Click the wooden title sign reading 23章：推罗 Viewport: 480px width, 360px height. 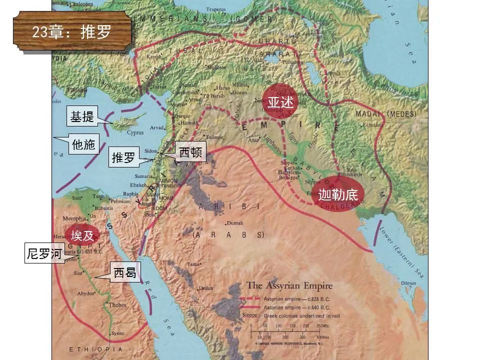click(72, 32)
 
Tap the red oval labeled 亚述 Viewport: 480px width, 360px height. click(280, 101)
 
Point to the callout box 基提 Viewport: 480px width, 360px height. click(82, 117)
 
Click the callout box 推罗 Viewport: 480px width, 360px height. click(123, 157)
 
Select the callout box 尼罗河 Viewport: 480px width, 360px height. click(45, 254)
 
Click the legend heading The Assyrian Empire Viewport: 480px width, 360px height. click(289, 286)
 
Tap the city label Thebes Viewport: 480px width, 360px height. click(117, 305)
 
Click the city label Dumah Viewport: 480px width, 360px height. click(234, 223)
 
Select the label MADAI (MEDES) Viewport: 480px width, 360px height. click(393, 114)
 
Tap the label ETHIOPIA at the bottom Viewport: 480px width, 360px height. click(95, 349)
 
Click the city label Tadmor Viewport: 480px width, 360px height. click(213, 137)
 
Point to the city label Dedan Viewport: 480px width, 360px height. click(205, 288)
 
